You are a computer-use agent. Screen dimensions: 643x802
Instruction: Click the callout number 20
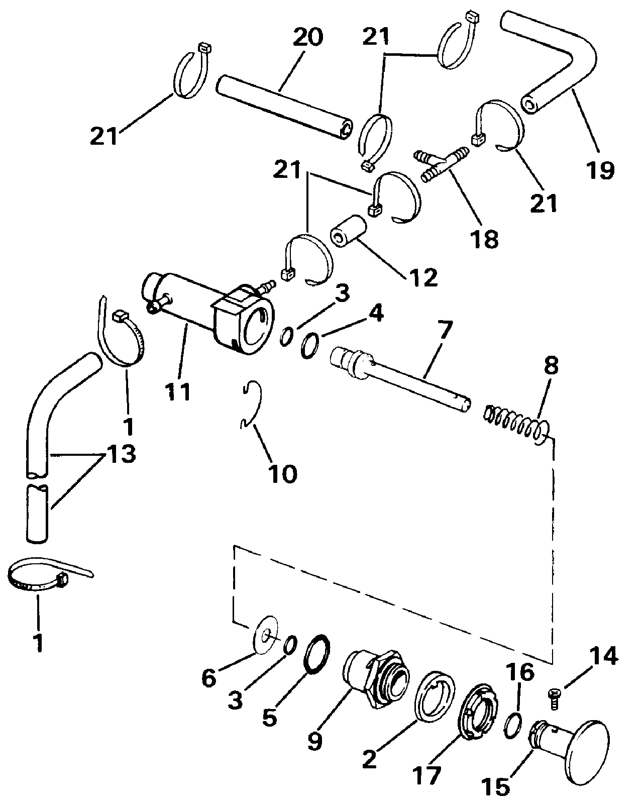click(x=308, y=37)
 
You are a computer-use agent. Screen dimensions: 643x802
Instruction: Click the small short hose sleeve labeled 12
click(x=348, y=232)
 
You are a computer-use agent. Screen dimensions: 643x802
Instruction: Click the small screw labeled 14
click(x=555, y=700)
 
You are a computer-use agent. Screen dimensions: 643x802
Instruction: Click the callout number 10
click(x=283, y=474)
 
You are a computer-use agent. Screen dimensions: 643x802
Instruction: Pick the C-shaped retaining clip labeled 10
click(x=251, y=406)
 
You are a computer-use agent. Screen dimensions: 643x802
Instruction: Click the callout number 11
click(x=177, y=392)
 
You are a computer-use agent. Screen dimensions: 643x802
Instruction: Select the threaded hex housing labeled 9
click(x=376, y=681)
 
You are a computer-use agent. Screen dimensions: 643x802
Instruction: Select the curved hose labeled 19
click(x=548, y=63)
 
